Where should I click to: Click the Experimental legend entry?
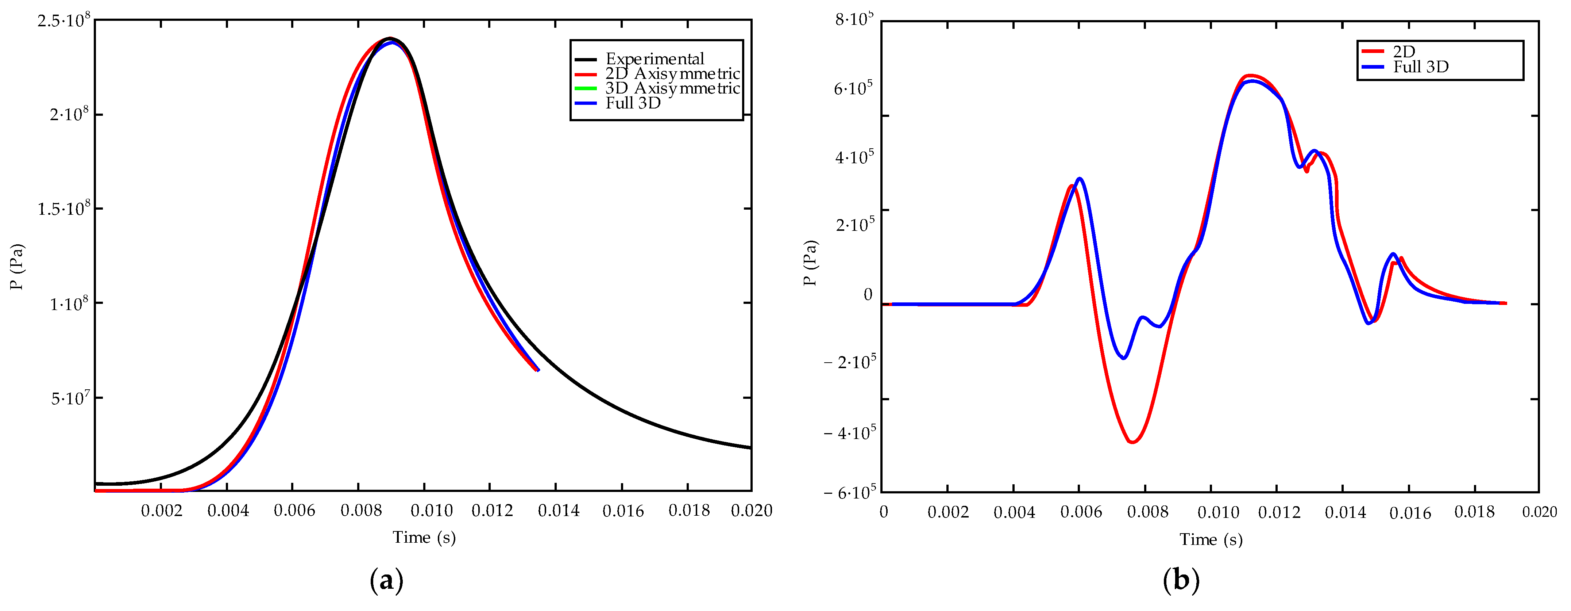click(x=655, y=58)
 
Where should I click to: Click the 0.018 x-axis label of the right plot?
click(x=1474, y=512)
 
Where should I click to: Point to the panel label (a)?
click(x=387, y=580)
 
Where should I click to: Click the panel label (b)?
click(x=1181, y=580)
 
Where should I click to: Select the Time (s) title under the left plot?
click(x=424, y=538)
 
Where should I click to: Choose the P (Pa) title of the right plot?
click(x=810, y=263)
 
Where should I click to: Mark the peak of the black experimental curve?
click(x=390, y=38)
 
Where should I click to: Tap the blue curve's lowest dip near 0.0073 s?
click(x=1123, y=358)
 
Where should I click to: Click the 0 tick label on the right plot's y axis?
click(x=868, y=295)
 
